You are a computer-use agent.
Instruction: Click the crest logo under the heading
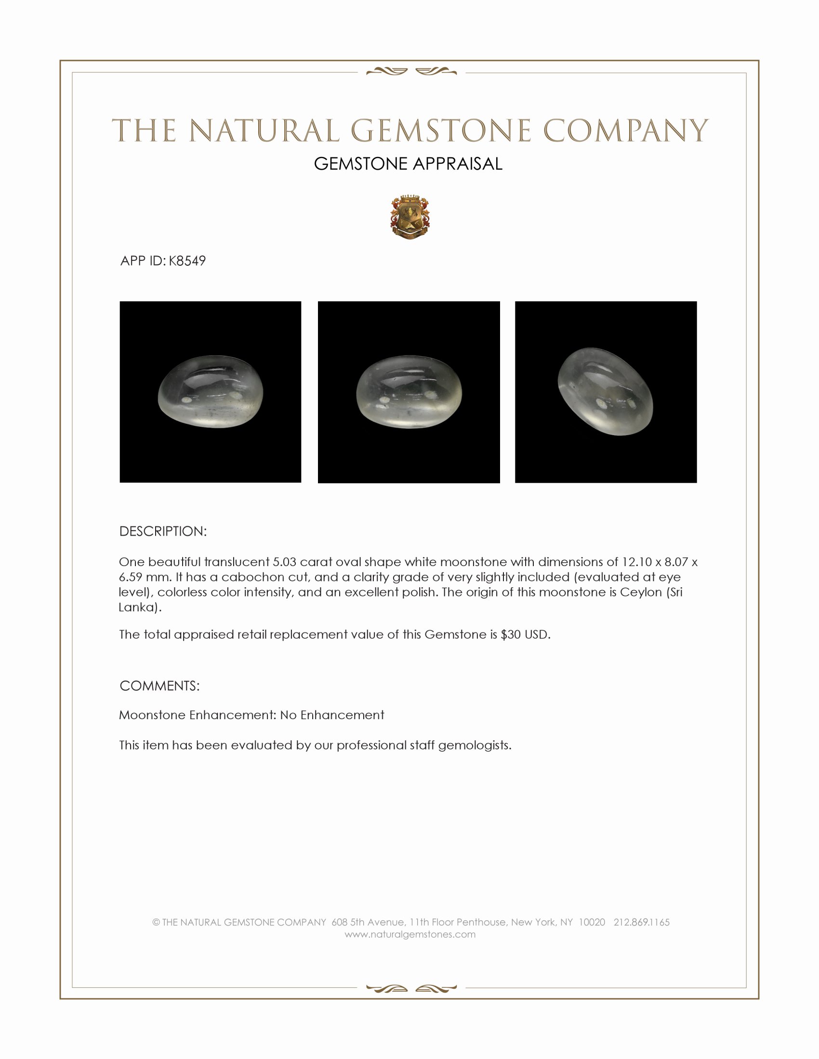click(x=410, y=218)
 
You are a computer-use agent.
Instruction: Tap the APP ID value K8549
click(x=187, y=261)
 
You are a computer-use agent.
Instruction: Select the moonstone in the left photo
click(x=211, y=393)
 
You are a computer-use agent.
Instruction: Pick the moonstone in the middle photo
click(x=409, y=393)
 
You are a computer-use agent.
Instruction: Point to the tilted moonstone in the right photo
click(x=606, y=391)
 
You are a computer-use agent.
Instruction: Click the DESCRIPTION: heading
click(x=163, y=531)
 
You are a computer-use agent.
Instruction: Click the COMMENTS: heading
click(x=159, y=686)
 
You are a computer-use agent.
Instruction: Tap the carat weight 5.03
click(x=285, y=562)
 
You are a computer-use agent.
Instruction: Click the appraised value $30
click(x=510, y=635)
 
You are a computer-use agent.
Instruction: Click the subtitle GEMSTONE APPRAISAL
click(x=408, y=164)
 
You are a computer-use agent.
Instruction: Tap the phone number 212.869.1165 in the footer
click(x=641, y=922)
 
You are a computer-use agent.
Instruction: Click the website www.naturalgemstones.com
click(x=410, y=934)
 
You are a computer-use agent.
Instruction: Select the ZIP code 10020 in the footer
click(x=592, y=922)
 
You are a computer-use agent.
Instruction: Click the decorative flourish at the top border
click(x=411, y=72)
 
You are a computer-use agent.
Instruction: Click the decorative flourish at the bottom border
click(x=411, y=988)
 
